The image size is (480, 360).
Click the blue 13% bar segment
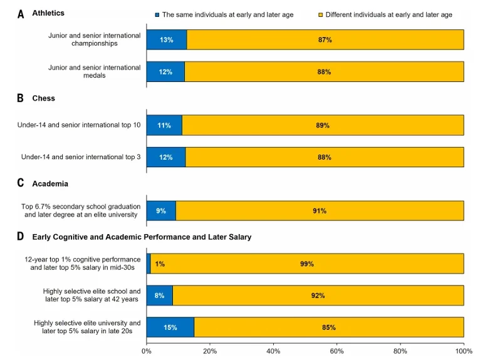tap(166, 39)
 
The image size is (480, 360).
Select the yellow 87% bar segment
tap(325, 39)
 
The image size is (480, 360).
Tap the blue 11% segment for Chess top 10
tap(164, 125)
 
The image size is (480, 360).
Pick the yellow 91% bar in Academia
tap(320, 211)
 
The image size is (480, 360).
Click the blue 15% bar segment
tap(170, 327)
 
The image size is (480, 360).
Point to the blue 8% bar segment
tap(159, 296)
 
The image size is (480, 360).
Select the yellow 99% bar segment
tap(307, 264)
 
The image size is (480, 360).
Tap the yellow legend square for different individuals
tap(320, 14)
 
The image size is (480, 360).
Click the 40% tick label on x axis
tap(273, 351)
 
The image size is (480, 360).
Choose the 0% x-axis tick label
tap(147, 351)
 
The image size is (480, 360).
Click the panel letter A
tap(21, 14)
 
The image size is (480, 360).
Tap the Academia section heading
tap(51, 183)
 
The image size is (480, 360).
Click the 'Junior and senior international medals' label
tap(95, 71)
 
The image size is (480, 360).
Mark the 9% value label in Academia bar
tap(161, 211)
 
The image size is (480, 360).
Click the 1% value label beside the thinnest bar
tap(160, 264)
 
